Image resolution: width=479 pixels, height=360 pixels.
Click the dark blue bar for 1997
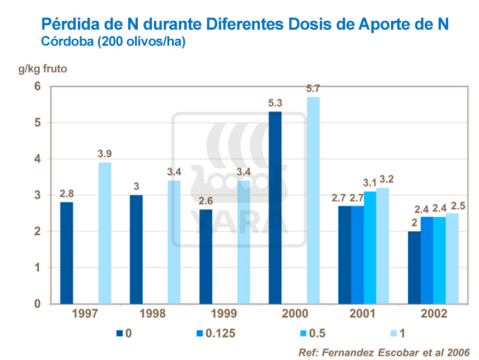(x=67, y=253)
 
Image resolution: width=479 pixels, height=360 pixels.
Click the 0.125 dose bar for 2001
(x=357, y=255)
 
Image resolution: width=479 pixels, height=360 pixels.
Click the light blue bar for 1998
(x=174, y=242)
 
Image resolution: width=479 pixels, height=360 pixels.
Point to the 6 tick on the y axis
(x=38, y=86)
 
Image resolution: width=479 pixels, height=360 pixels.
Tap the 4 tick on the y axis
(x=38, y=159)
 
